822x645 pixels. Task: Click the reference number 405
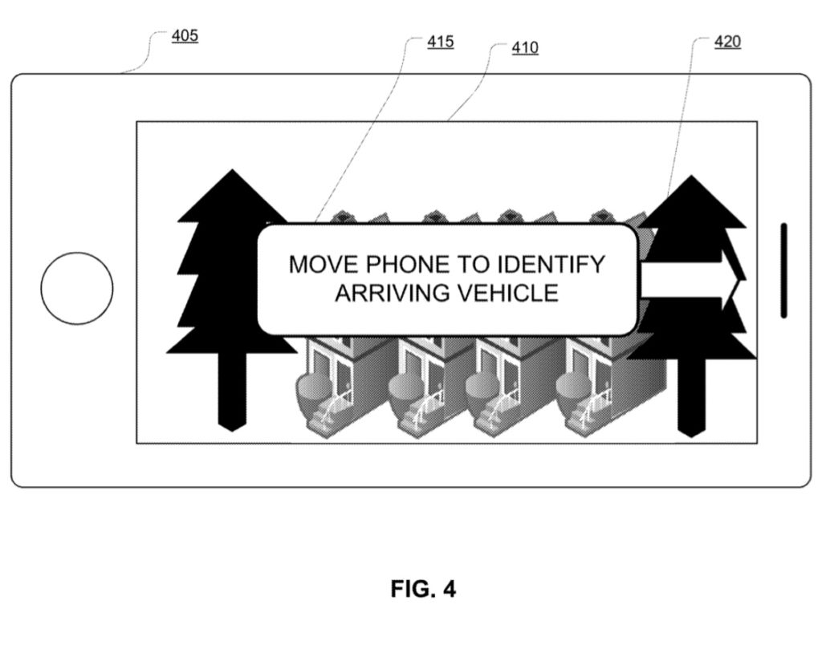pos(185,36)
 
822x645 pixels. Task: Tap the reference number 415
pos(440,42)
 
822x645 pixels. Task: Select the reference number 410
pos(525,48)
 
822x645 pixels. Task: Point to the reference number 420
pos(727,42)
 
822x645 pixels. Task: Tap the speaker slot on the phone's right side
pos(783,270)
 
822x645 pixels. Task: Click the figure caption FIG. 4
pos(423,590)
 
